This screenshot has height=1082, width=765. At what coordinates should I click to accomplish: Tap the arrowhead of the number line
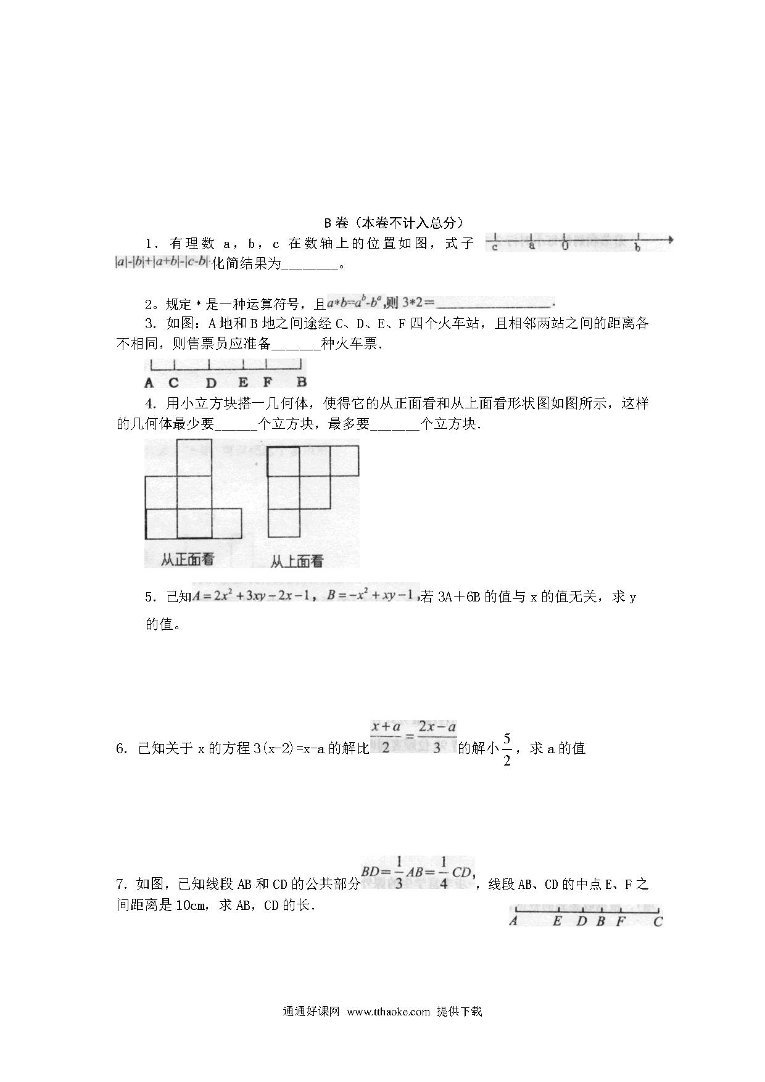point(670,240)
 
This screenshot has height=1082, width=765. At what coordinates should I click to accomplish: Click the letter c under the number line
point(495,248)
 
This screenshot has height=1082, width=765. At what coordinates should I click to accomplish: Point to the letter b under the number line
point(638,248)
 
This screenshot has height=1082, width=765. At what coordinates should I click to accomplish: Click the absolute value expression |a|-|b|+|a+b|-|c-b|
point(163,262)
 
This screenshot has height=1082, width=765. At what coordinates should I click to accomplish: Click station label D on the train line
point(211,382)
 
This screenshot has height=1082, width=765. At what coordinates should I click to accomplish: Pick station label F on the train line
point(268,382)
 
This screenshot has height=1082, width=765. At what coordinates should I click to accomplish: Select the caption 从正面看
point(188,560)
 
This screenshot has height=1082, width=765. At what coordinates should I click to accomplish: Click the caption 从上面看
point(297,561)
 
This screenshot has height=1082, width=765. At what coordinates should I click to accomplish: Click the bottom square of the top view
point(283,522)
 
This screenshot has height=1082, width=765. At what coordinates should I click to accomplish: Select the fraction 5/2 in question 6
point(507,749)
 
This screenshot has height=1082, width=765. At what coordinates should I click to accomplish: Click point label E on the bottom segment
point(557,922)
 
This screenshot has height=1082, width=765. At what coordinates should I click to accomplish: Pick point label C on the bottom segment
point(658,922)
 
